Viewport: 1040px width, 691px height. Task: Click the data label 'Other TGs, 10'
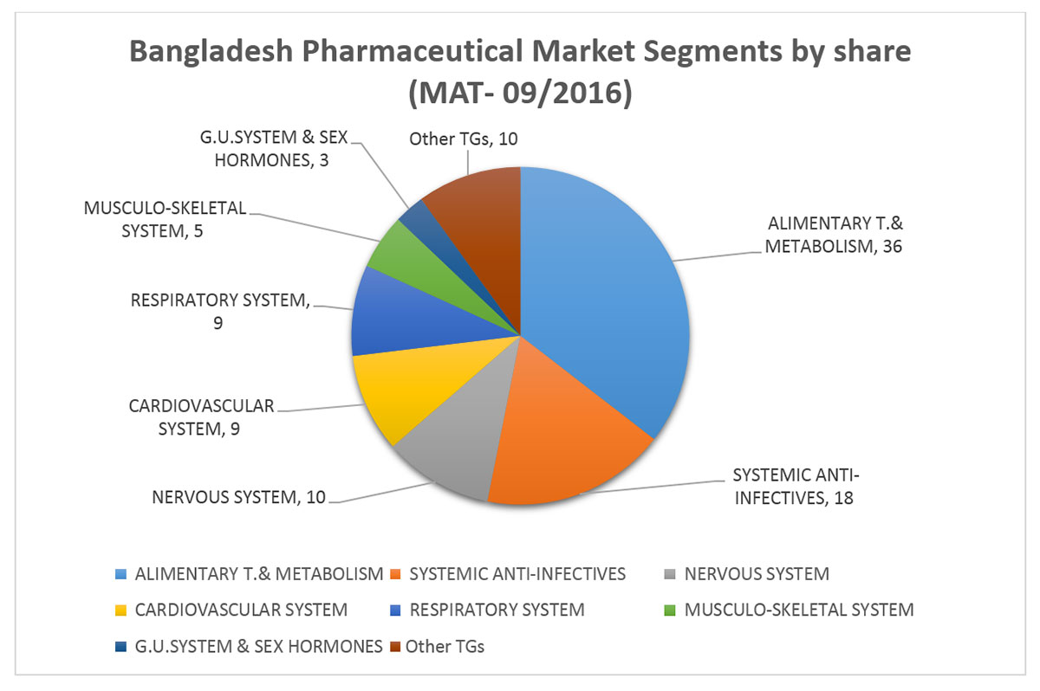[x=464, y=139]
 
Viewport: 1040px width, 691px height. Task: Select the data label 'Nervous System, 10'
[x=238, y=497]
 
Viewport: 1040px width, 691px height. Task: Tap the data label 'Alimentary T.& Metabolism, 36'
[x=834, y=235]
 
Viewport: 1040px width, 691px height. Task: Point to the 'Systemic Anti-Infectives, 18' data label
[x=796, y=487]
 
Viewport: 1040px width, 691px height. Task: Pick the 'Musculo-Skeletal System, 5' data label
[x=165, y=219]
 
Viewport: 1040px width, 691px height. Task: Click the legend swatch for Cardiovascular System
[x=120, y=610]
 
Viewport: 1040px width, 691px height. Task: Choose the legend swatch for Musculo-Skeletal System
[x=670, y=610]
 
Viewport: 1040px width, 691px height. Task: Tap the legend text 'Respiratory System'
[x=497, y=610]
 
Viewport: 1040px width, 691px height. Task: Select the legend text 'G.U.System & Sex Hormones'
[x=258, y=647]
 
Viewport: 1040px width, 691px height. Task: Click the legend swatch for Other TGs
[x=395, y=647]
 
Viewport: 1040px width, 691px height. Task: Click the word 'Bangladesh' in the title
[x=211, y=52]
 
